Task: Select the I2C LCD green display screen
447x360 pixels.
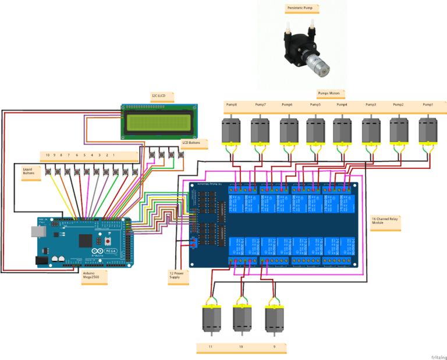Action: [x=158, y=122]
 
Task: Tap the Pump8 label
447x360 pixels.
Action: [x=231, y=105]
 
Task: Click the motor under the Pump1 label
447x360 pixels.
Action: [x=430, y=133]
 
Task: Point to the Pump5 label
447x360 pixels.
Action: [x=315, y=105]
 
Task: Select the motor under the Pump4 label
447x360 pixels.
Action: [x=342, y=133]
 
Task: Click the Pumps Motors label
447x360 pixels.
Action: [x=331, y=93]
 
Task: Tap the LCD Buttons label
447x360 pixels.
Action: [x=191, y=143]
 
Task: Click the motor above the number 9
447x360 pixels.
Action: [x=274, y=318]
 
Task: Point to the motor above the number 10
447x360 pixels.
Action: [x=241, y=318]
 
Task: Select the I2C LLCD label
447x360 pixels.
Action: [x=158, y=96]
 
